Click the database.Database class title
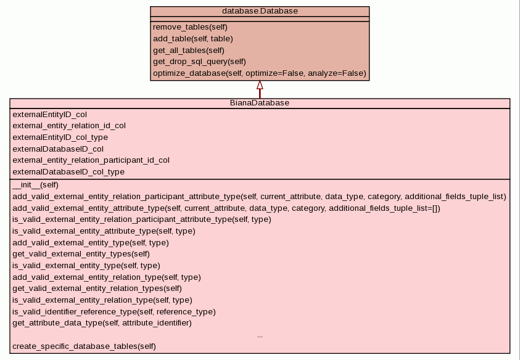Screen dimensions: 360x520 (x=260, y=11)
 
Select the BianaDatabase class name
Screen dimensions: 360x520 (x=260, y=103)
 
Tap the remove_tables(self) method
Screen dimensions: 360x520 (x=190, y=27)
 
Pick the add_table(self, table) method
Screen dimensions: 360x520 (x=193, y=39)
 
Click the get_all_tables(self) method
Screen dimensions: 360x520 (x=189, y=51)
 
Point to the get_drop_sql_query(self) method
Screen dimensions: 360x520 (x=199, y=62)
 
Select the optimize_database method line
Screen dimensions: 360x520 (x=259, y=73)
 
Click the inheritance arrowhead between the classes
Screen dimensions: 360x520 (x=260, y=85)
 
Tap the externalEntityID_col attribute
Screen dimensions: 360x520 (x=49, y=114)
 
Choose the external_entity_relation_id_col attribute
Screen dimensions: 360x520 (x=69, y=126)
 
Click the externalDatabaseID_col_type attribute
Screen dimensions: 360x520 (x=68, y=172)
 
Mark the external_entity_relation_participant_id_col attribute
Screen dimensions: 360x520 (x=91, y=160)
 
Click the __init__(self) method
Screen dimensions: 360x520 (x=35, y=184)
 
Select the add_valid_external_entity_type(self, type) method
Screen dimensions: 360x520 (x=91, y=243)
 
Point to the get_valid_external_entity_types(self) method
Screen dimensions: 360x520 (x=81, y=254)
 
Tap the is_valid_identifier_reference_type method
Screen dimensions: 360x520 (x=114, y=312)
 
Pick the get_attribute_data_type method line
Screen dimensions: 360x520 (x=102, y=323)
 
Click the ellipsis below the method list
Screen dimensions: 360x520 (x=260, y=335)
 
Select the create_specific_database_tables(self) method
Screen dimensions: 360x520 (x=84, y=346)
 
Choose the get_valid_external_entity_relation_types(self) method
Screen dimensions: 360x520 (x=97, y=288)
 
